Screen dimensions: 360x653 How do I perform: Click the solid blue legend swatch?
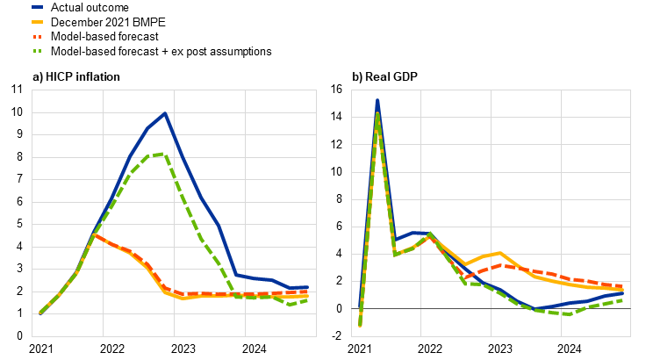click(37, 7)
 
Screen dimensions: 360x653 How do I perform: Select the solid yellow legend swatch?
click(37, 22)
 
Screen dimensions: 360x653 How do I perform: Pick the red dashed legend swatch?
click(37, 37)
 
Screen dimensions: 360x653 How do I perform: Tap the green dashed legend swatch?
click(37, 51)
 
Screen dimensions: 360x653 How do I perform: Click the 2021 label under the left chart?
click(40, 349)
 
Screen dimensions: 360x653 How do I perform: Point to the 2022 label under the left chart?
click(111, 349)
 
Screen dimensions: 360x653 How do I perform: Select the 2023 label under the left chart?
click(183, 349)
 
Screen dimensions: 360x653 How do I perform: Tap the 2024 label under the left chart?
click(254, 349)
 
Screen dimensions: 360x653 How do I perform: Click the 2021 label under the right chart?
click(360, 349)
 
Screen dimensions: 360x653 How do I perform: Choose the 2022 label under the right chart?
click(430, 349)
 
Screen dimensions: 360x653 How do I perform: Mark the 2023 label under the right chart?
click(499, 349)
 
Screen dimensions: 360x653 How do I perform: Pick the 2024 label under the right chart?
click(570, 349)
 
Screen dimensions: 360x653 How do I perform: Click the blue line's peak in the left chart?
click(165, 114)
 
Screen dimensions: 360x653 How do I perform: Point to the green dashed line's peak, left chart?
click(161, 155)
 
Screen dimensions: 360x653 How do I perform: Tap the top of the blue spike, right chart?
click(377, 100)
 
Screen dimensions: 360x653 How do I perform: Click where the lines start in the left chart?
click(40, 313)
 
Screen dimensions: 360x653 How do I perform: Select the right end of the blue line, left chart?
click(307, 287)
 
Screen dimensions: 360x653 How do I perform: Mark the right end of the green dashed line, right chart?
click(622, 299)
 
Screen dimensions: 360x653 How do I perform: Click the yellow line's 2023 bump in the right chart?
click(499, 253)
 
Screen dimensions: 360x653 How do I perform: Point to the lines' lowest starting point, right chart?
click(360, 326)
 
